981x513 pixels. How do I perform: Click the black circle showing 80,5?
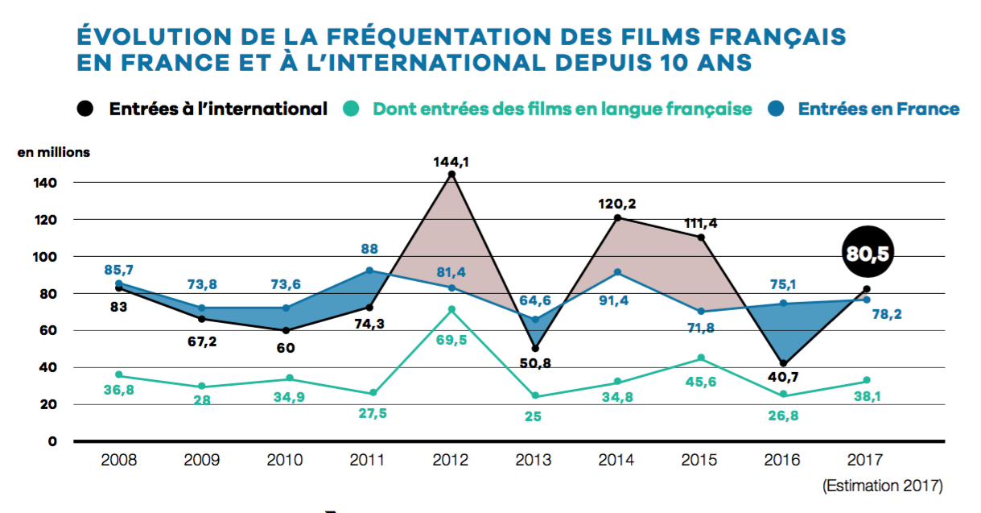(868, 254)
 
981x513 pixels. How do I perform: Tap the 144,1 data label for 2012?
(451, 161)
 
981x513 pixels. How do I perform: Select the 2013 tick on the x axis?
(534, 460)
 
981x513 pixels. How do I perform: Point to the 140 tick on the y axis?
(46, 183)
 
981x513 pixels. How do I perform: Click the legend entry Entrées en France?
(878, 109)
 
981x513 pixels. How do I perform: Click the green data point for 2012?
(451, 309)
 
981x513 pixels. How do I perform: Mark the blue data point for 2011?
(369, 271)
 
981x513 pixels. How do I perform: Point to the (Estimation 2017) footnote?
(882, 486)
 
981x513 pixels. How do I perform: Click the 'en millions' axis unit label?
(54, 151)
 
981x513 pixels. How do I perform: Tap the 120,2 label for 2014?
(617, 204)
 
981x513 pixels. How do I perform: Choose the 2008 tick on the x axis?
(120, 460)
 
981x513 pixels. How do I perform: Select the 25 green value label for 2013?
(534, 416)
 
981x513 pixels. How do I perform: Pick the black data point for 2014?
(617, 217)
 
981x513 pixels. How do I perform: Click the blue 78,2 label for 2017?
(885, 314)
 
